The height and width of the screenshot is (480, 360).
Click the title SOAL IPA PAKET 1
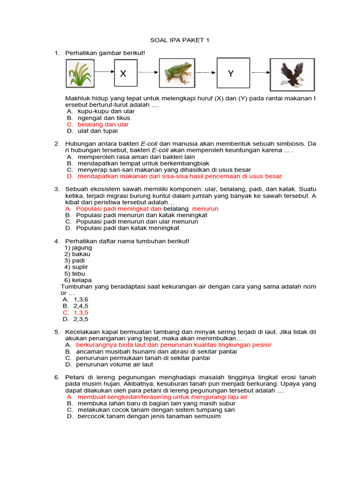point(180,40)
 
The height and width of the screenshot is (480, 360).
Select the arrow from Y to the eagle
point(258,73)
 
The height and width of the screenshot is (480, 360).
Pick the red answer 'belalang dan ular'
point(103,125)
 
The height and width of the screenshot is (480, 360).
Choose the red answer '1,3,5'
point(81,312)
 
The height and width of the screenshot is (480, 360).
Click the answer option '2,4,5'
point(81,306)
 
